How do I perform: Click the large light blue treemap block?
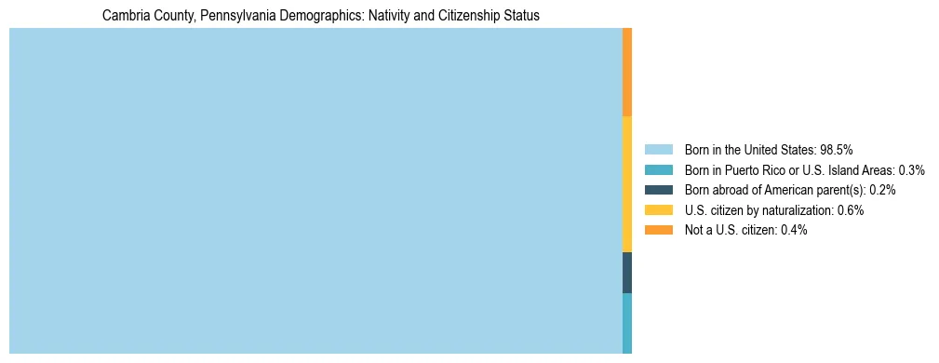(315, 191)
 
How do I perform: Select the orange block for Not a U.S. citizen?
(627, 72)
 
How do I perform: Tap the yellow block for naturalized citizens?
(627, 183)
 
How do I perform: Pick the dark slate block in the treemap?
(627, 272)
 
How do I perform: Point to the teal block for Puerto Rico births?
(627, 323)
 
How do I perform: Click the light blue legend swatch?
(658, 150)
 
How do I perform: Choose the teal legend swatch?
(658, 170)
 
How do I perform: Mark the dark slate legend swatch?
(658, 190)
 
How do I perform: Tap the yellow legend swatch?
(658, 210)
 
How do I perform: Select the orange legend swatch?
(658, 230)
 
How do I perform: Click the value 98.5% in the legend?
(837, 150)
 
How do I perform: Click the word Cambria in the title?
(124, 16)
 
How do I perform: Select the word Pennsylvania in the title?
(228, 16)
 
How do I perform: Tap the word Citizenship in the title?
(437, 16)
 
